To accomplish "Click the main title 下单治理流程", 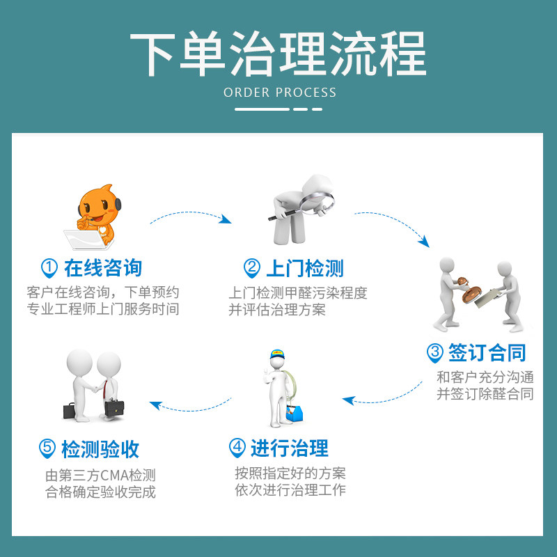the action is pyautogui.click(x=278, y=54).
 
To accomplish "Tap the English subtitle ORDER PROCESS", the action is pyautogui.click(x=279, y=93).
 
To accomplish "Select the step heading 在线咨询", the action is pyautogui.click(x=102, y=268).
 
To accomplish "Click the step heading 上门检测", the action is pyautogui.click(x=304, y=268).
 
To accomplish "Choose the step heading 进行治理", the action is pyautogui.click(x=289, y=448).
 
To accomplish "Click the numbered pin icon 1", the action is pyautogui.click(x=49, y=268).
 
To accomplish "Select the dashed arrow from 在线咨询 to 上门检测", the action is pyautogui.click(x=190, y=214).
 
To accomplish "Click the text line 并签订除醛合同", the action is pyautogui.click(x=485, y=393).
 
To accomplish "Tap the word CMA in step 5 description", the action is pyautogui.click(x=116, y=476).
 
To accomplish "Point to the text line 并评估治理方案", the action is pyautogui.click(x=277, y=309).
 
